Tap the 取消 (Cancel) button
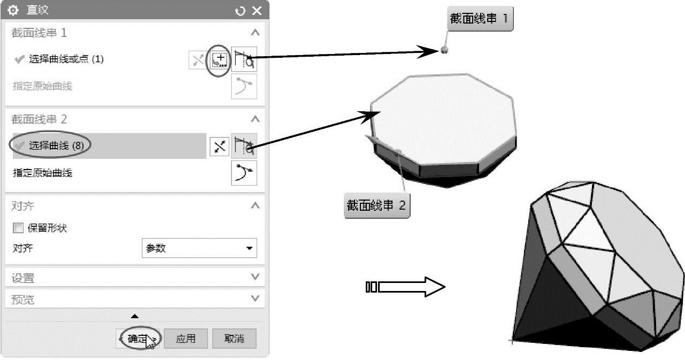[x=234, y=339]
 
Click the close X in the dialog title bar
[x=257, y=11]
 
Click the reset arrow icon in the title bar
[x=240, y=11]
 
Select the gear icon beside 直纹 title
[x=13, y=10]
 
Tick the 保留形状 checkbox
[x=18, y=228]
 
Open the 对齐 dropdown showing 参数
[x=199, y=248]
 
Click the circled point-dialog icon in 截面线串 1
[x=219, y=59]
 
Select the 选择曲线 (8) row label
[x=56, y=145]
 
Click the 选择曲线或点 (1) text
[x=66, y=59]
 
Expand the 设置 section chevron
[x=255, y=277]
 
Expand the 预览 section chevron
[x=255, y=298]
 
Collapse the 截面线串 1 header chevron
[x=255, y=33]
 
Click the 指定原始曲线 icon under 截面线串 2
[x=244, y=173]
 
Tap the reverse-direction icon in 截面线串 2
[x=220, y=147]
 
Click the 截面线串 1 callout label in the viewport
[x=480, y=19]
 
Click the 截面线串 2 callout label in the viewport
[x=377, y=205]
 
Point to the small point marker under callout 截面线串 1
[x=444, y=50]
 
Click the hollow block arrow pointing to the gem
[x=405, y=287]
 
